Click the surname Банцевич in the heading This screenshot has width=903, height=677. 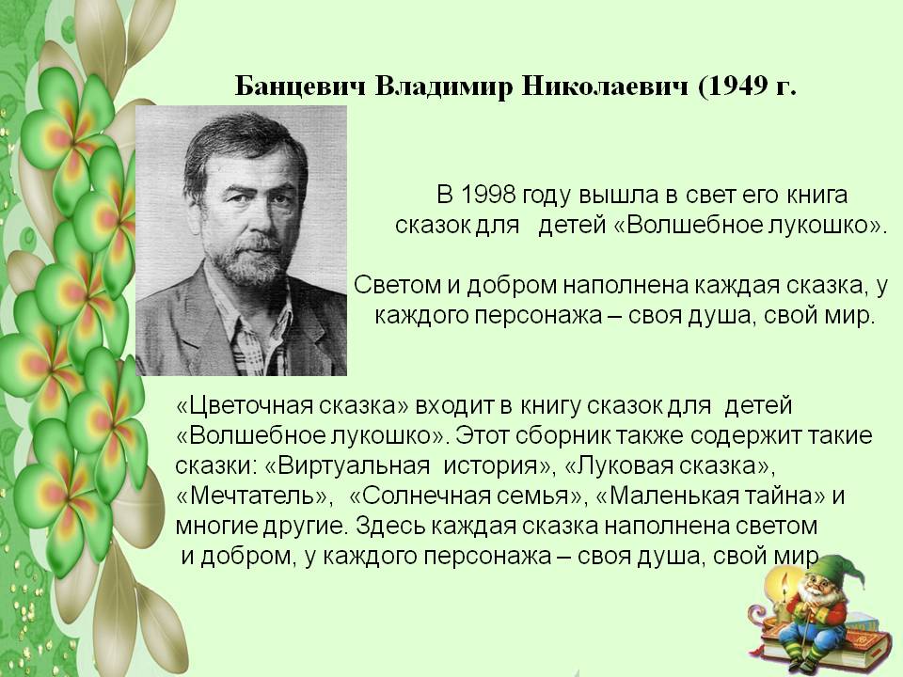(x=301, y=87)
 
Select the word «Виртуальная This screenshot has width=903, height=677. (x=348, y=465)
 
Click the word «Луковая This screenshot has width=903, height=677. (x=618, y=465)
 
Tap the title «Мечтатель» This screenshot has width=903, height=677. (x=255, y=496)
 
